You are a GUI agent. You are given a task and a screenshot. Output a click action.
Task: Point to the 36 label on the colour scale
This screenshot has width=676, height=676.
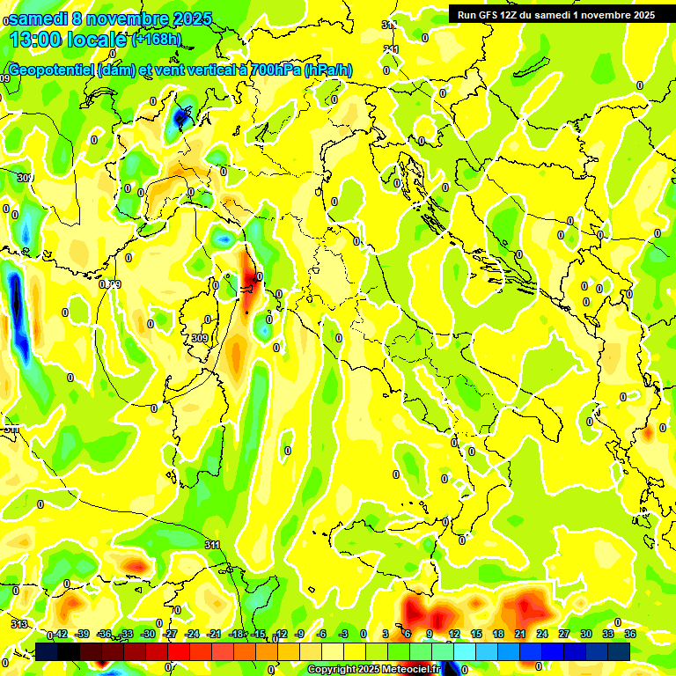[630, 634]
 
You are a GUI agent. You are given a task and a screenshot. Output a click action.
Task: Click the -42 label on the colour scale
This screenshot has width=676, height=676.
[60, 634]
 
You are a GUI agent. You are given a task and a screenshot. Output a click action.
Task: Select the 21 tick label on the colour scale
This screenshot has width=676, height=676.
[520, 634]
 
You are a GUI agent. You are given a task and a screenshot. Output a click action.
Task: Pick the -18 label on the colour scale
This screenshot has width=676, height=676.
[237, 634]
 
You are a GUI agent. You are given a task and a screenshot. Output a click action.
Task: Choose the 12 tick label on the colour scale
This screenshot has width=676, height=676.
[454, 634]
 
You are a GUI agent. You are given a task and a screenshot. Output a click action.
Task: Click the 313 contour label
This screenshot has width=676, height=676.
[18, 623]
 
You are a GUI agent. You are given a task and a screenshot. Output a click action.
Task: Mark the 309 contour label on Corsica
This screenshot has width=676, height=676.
[200, 337]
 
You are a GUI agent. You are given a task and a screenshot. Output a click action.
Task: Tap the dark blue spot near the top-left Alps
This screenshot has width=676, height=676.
[182, 115]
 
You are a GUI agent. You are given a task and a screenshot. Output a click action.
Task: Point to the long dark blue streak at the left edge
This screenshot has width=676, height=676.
[15, 304]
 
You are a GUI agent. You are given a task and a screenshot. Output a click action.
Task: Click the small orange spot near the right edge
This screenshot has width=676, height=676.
[648, 432]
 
